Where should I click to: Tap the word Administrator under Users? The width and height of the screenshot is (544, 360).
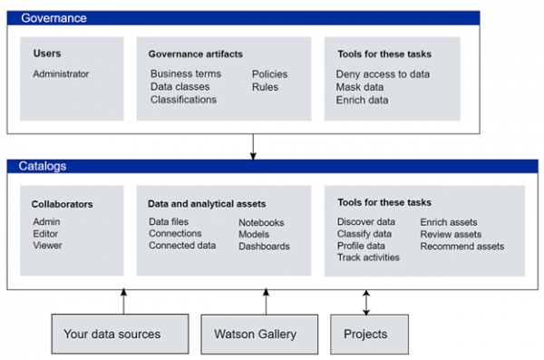point(61,74)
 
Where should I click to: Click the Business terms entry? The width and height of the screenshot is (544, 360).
point(186,74)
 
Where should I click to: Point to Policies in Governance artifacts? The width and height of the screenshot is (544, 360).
point(269,74)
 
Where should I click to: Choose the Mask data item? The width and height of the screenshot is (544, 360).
point(360,87)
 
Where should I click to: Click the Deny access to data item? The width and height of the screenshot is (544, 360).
point(383,74)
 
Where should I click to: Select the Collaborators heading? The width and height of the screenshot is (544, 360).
point(62,204)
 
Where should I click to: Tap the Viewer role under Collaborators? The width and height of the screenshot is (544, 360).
point(47,246)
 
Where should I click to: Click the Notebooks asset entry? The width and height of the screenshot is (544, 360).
point(261,222)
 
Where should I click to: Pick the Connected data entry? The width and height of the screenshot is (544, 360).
point(182,246)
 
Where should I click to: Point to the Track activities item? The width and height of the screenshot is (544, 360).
point(368,258)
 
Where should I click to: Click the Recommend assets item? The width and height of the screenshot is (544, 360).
point(461,246)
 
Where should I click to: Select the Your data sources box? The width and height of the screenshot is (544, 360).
point(119,335)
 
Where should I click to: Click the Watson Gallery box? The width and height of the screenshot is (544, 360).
point(260,335)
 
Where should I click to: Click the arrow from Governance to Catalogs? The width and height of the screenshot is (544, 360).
point(253,145)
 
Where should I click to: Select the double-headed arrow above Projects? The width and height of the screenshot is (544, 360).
point(366,302)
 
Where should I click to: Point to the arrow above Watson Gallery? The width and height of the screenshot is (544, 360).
point(266,302)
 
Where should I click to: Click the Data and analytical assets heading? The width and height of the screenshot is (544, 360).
point(207,204)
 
